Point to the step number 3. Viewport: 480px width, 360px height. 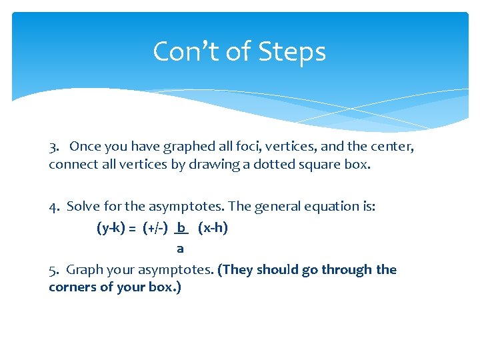[53, 146]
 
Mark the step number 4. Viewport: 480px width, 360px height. [53, 207]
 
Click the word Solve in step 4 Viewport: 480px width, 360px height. [83, 207]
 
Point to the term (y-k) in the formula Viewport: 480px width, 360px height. [111, 228]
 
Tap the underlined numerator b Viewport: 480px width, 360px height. [181, 227]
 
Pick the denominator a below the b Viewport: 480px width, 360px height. [180, 249]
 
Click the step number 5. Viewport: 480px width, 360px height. [53, 270]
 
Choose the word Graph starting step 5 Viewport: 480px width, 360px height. [85, 270]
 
